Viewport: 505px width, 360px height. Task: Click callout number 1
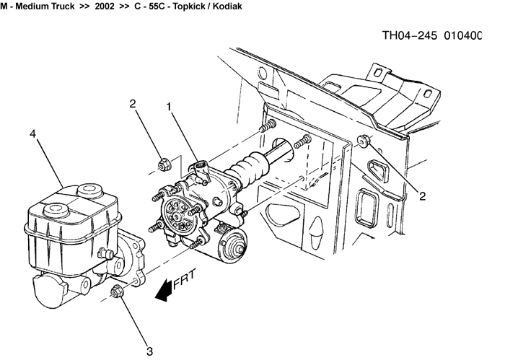pos(169,107)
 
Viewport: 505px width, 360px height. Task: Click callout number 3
pos(150,351)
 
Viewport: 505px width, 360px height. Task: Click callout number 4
pos(32,134)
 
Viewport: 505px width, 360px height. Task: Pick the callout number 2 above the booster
pos(133,104)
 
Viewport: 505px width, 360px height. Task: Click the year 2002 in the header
pos(105,6)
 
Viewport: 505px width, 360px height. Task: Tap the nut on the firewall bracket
pos(364,140)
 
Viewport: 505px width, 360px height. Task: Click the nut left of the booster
pos(163,164)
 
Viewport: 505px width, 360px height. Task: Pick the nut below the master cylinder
pos(117,291)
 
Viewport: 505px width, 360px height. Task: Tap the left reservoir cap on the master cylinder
pos(54,210)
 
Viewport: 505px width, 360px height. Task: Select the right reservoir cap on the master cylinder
pos(88,190)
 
